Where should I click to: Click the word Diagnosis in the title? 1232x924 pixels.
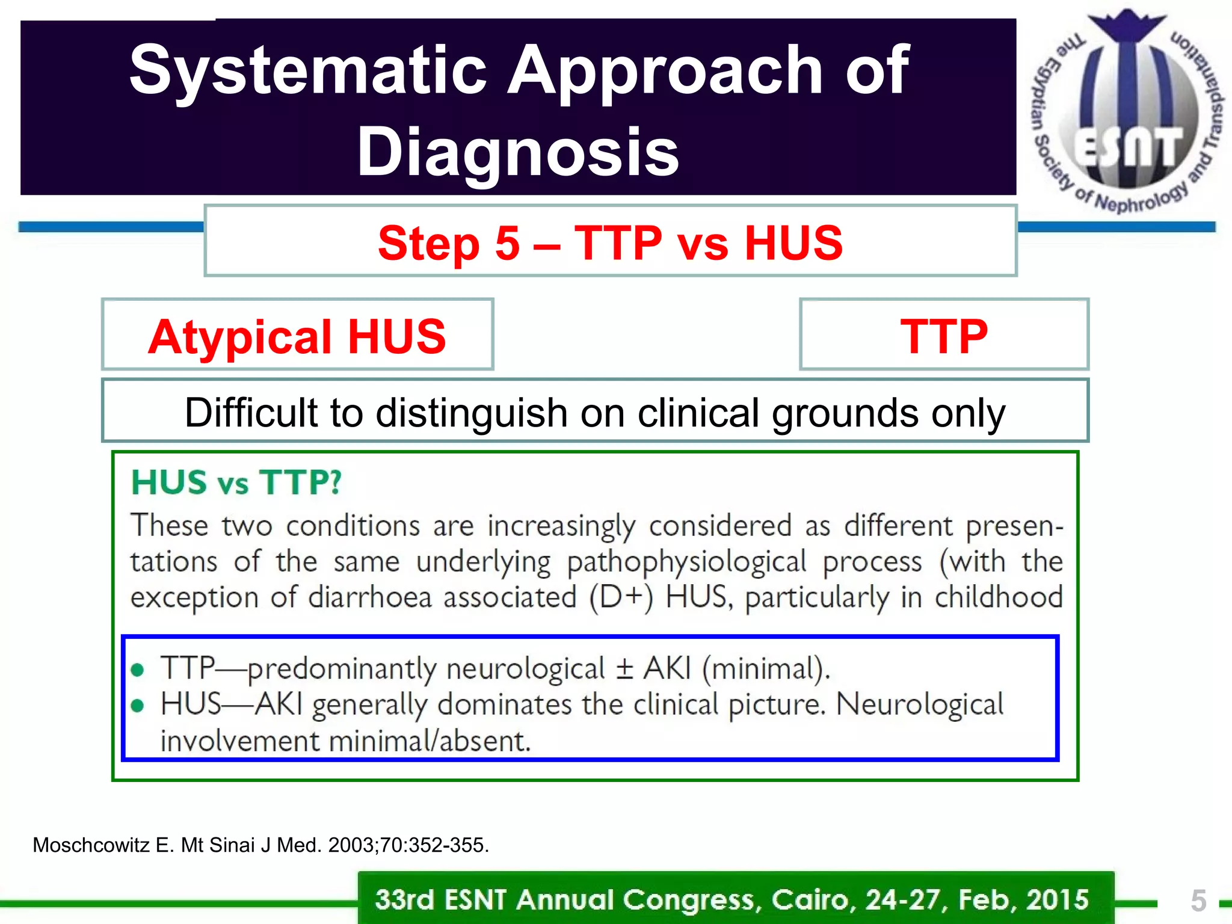pyautogui.click(x=517, y=153)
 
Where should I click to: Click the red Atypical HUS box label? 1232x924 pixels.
pyautogui.click(x=297, y=337)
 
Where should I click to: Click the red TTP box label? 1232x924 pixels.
pyautogui.click(x=943, y=337)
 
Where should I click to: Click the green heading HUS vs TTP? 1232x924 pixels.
pyautogui.click(x=236, y=482)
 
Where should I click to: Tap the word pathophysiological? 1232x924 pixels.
pyautogui.click(x=686, y=562)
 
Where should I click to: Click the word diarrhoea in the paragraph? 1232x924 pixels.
pyautogui.click(x=369, y=598)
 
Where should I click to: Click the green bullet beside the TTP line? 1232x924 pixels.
pyautogui.click(x=138, y=670)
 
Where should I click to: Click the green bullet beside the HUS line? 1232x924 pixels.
pyautogui.click(x=138, y=705)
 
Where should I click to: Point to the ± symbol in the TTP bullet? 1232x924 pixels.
pyautogui.click(x=624, y=669)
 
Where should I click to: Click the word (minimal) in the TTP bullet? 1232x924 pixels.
pyautogui.click(x=765, y=669)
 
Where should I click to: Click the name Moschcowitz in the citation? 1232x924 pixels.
pyautogui.click(x=91, y=845)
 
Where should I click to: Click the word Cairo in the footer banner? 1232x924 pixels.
pyautogui.click(x=811, y=900)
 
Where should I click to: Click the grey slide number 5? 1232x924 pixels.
pyautogui.click(x=1198, y=901)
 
